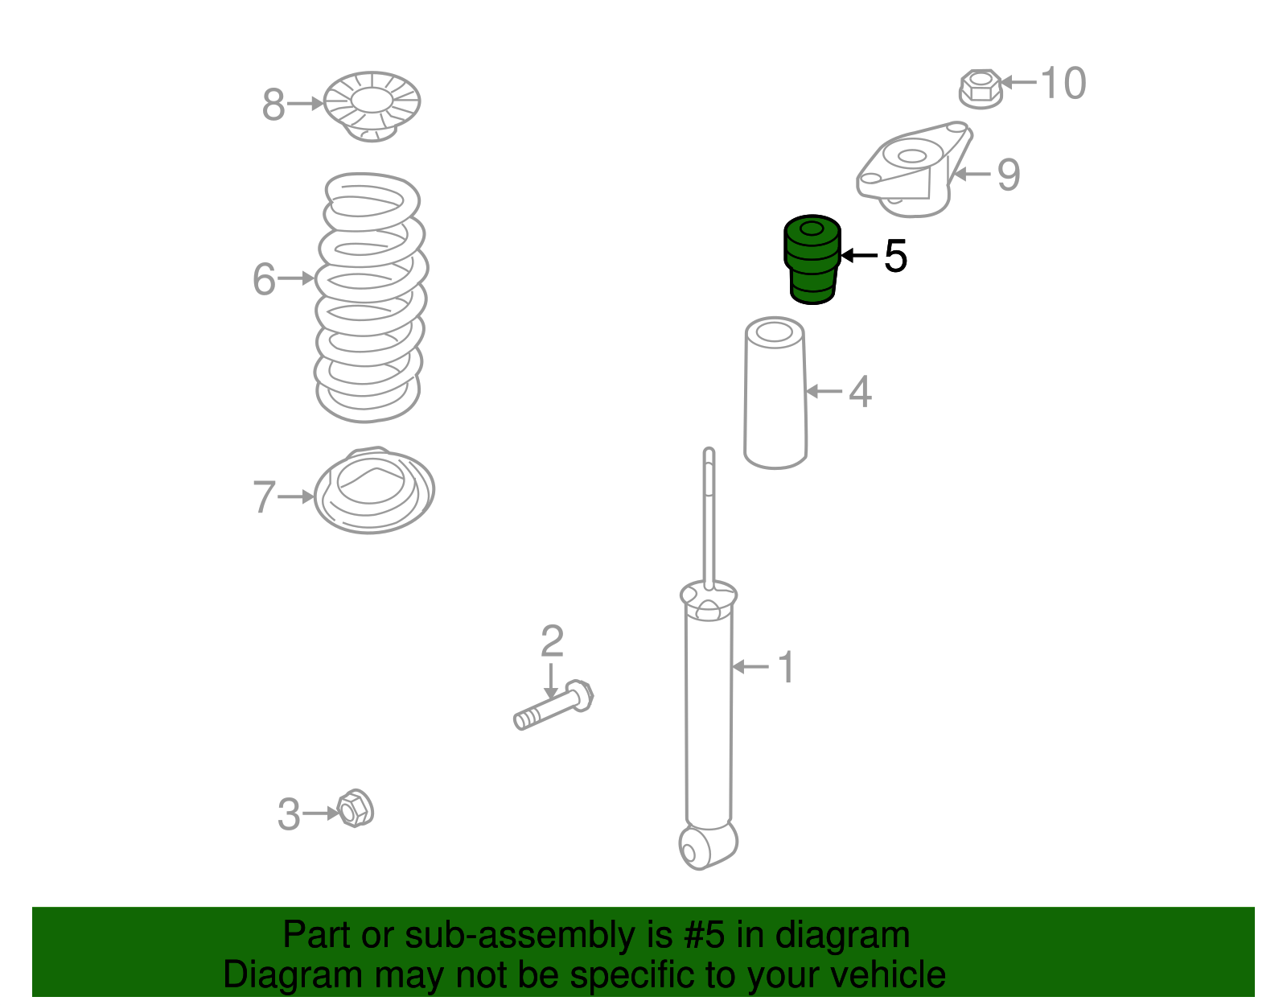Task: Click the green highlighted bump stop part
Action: coord(812,259)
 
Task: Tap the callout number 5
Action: coord(895,257)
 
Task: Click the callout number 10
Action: coord(1063,83)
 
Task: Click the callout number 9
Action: coord(1009,175)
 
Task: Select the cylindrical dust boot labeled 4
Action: coord(775,393)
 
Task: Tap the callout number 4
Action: coord(860,391)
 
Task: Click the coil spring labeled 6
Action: coord(370,297)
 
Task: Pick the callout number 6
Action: coord(264,279)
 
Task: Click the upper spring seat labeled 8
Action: coord(372,106)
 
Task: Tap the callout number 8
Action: coord(273,105)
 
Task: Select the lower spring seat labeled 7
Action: coord(374,490)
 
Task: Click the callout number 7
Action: coord(264,496)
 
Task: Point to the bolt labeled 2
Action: coord(553,705)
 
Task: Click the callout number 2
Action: coord(552,640)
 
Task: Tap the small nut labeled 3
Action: coord(356,808)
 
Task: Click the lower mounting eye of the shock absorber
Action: coord(699,848)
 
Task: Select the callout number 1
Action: coord(787,667)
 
